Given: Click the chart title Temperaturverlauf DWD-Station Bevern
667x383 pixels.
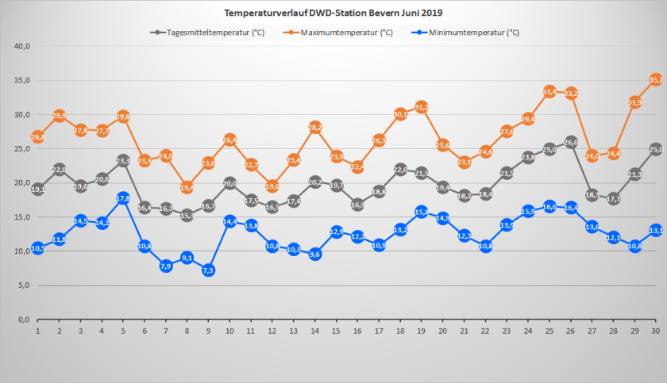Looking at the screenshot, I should (333, 13).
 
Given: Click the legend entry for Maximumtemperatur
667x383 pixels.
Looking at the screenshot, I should (341, 33).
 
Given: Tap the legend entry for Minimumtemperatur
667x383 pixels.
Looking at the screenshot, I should (468, 33).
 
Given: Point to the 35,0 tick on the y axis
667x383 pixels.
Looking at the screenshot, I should (22, 80).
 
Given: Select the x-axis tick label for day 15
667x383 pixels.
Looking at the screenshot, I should (337, 331).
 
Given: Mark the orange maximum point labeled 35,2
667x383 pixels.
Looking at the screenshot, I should (657, 79).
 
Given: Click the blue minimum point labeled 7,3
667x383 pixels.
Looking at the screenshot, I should (209, 270).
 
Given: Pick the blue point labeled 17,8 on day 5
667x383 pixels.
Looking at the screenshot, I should (123, 198).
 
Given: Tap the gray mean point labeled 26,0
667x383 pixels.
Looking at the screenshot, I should (571, 142).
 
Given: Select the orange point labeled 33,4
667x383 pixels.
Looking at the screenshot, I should (549, 92).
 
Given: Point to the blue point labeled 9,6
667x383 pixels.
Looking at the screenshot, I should (315, 255).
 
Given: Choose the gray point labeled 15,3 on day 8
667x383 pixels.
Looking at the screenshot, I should (187, 215).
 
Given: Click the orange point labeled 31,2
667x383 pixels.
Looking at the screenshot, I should (422, 107).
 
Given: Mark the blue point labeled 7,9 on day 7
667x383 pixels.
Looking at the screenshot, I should (166, 266).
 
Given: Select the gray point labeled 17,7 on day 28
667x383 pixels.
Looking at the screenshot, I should (614, 199).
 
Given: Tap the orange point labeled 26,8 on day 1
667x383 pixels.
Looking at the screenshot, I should (37, 136).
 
